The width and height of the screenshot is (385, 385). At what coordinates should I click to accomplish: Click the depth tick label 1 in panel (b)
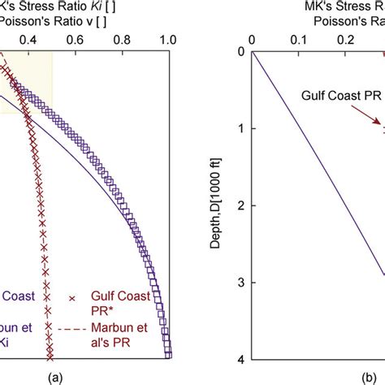coord(240,129)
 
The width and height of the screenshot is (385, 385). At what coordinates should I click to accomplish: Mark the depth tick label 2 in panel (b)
coord(240,206)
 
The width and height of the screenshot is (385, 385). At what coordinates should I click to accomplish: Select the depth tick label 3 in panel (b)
coord(240,283)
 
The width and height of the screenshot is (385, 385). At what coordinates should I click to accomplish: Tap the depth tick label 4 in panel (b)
coord(240,359)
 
